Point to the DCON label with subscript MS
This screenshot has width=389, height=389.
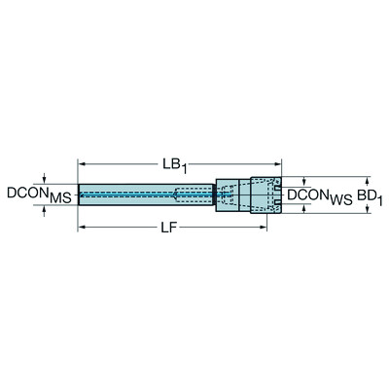tap(38, 196)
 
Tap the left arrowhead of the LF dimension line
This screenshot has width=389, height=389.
tap(82, 229)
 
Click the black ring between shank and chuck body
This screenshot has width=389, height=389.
tap(214, 194)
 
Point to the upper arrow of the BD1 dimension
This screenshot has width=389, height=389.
tap(367, 181)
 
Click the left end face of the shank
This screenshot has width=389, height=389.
tap(80, 194)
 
